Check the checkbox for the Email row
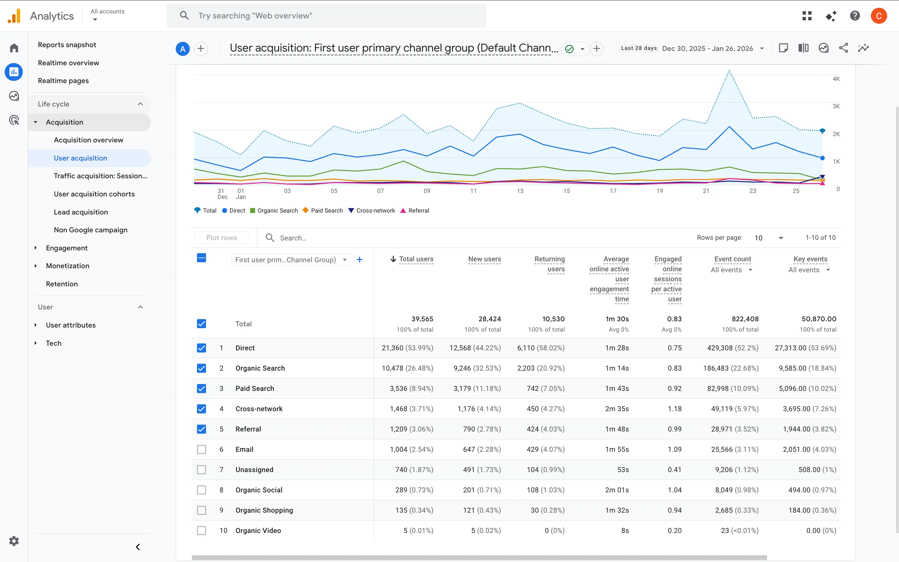pos(201,449)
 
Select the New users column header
pos(484,259)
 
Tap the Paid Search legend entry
pos(322,210)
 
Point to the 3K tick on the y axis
pos(836,106)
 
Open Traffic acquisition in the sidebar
pos(100,176)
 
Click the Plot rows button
pos(221,238)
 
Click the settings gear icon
pos(14,541)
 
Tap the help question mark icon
pos(855,16)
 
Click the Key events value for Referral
pos(809,429)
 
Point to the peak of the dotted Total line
pos(729,70)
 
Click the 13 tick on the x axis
pos(520,191)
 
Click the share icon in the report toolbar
pos(843,48)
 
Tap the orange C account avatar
pos(879,16)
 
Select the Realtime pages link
pos(63,81)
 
